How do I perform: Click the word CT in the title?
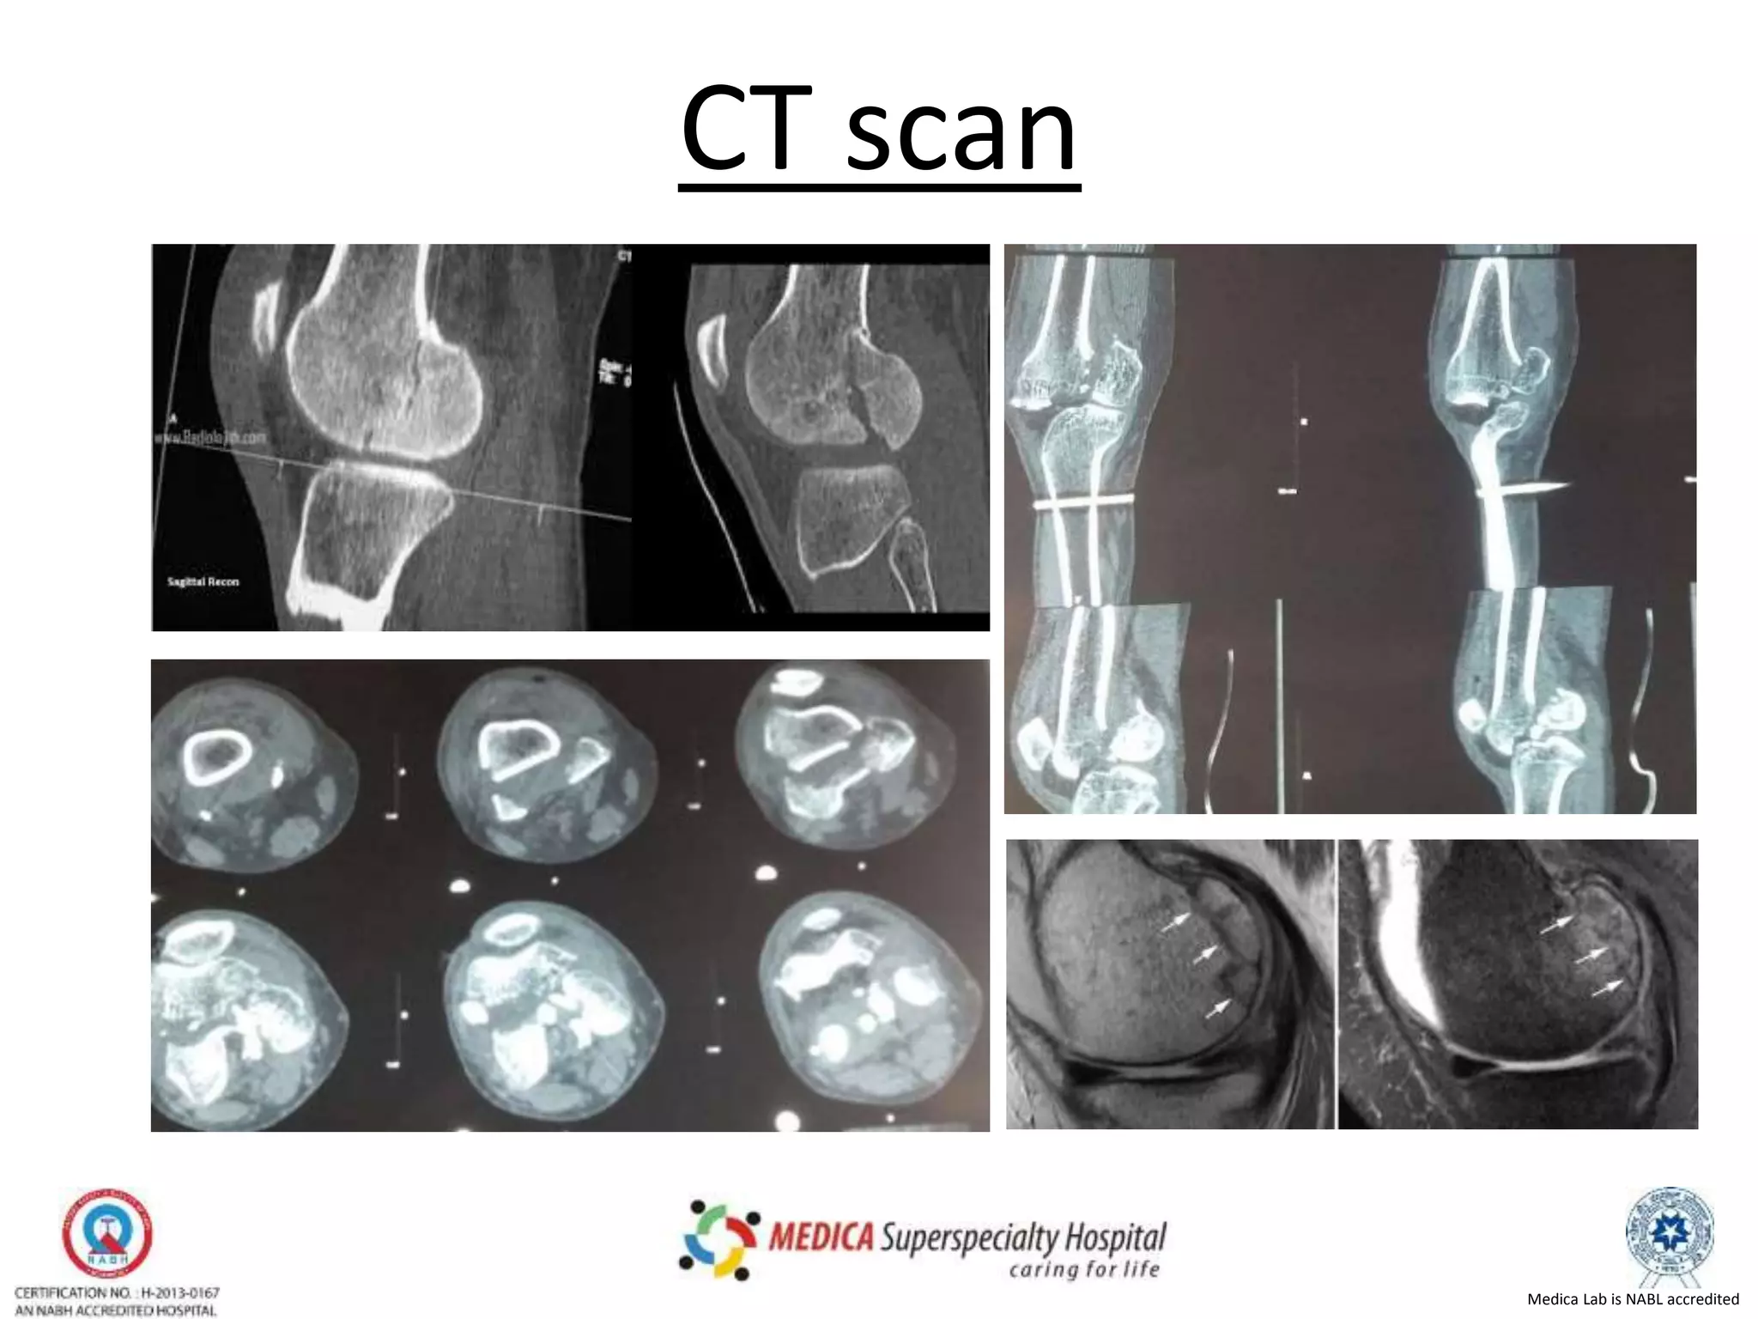click(748, 131)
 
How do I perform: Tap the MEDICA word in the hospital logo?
click(821, 1237)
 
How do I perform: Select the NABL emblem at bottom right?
click(1669, 1234)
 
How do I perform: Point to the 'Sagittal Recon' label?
click(203, 581)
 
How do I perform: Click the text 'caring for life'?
click(1084, 1269)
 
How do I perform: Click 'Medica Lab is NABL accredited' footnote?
click(1633, 1299)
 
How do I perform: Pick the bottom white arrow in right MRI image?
click(1606, 988)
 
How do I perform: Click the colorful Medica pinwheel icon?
click(719, 1238)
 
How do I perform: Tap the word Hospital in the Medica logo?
click(1115, 1237)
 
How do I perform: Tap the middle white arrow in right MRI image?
click(1591, 954)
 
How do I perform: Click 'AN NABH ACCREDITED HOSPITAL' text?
click(116, 1310)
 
